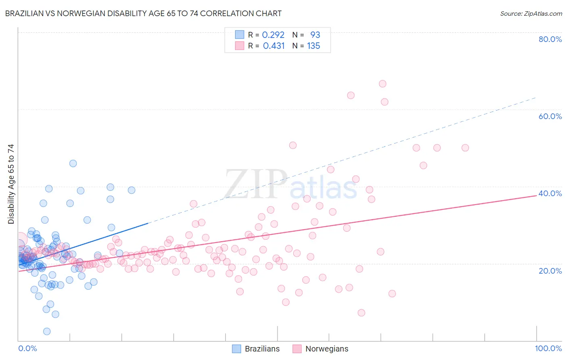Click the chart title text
(143, 13)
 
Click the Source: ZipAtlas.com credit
(531, 13)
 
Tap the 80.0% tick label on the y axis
(550, 39)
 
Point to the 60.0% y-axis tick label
(550, 116)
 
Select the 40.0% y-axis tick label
(550, 193)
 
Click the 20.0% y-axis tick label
(550, 271)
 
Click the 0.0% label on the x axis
(27, 348)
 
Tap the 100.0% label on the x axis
(548, 348)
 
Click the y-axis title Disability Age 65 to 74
(11, 184)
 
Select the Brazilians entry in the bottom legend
(262, 349)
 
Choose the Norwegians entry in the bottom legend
(327, 349)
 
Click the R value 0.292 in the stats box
(273, 35)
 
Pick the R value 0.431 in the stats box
(274, 46)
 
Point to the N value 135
(313, 46)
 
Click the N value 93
(315, 35)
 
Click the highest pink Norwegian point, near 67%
(382, 84)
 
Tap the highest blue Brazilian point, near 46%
(73, 163)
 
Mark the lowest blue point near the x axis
(47, 331)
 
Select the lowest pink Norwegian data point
(361, 313)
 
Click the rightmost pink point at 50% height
(465, 148)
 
